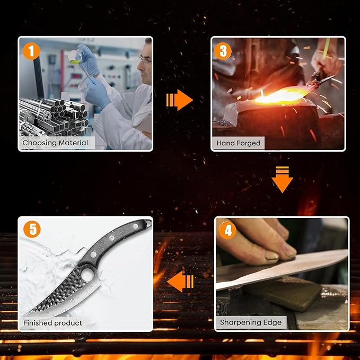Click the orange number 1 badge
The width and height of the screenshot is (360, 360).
(x=31, y=51)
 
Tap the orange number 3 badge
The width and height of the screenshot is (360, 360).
(x=223, y=51)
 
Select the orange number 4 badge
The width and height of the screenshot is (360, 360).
(x=227, y=231)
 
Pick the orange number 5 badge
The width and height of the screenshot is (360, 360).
(x=32, y=229)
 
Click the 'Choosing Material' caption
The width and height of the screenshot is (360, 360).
(x=55, y=143)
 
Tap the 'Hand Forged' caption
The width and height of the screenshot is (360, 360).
(x=238, y=143)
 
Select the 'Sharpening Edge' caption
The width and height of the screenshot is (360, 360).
(x=251, y=322)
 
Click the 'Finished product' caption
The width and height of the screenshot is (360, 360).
(x=52, y=323)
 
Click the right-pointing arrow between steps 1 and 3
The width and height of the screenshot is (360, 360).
(x=179, y=100)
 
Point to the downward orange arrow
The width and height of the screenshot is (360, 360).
(x=282, y=179)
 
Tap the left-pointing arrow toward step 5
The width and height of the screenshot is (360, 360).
(x=180, y=282)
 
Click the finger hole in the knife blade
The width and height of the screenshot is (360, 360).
(x=87, y=275)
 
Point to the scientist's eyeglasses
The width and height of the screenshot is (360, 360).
(x=145, y=60)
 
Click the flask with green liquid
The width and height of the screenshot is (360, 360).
(x=75, y=57)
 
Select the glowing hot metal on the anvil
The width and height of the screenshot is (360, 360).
(x=281, y=96)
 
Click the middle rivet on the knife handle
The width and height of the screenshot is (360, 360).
(x=112, y=238)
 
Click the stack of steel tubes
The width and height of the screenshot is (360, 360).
(x=54, y=117)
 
